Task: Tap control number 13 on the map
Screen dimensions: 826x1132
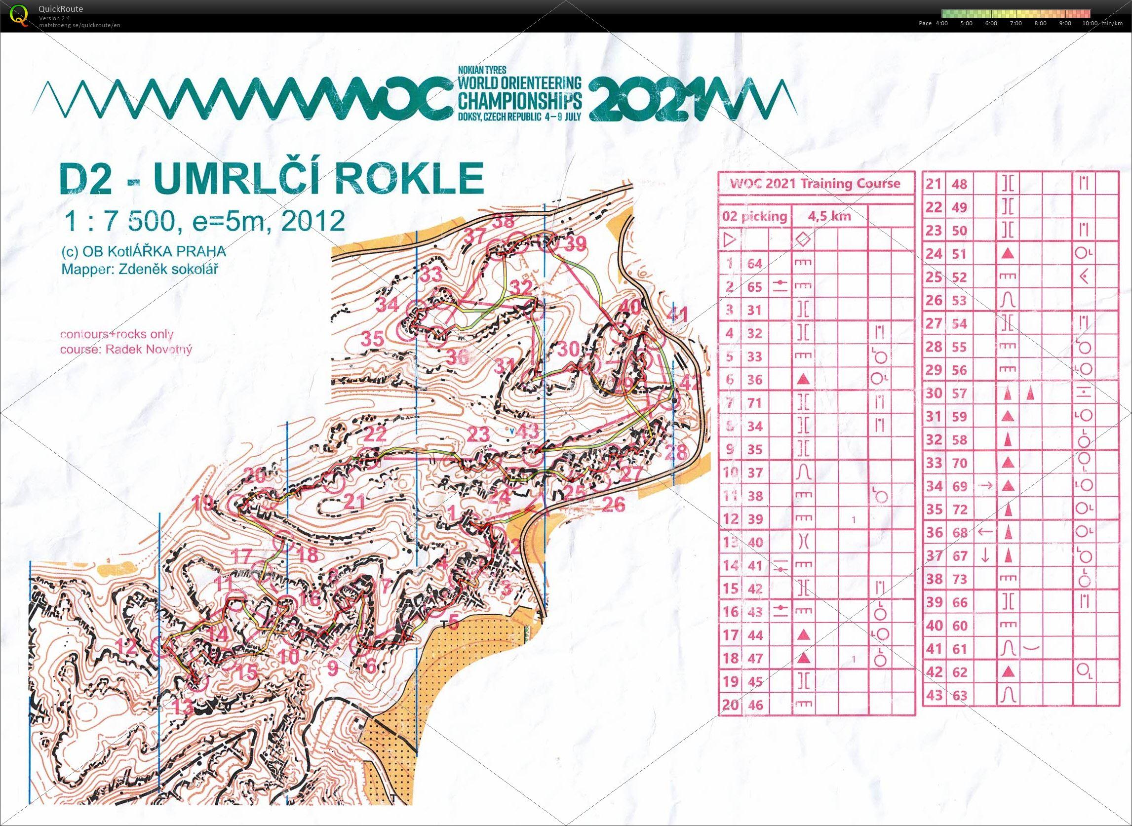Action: pos(183,707)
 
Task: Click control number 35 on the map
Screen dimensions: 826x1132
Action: pos(373,339)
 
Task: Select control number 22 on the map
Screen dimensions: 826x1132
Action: pos(376,433)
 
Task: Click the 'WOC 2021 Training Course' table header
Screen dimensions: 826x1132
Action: pos(815,184)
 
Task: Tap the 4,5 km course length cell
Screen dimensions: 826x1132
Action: pos(829,217)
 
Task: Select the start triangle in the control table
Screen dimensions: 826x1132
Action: pos(731,240)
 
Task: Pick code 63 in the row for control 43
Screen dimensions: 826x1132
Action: pos(960,695)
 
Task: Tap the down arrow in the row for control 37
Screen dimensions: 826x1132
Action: pos(984,555)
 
